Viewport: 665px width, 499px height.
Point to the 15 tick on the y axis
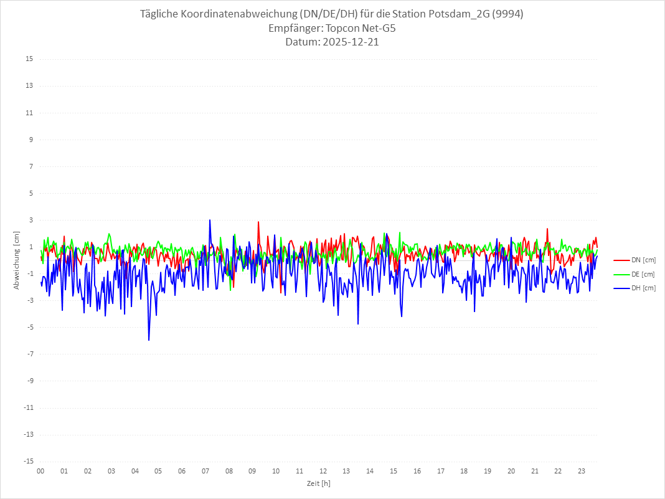[x=29, y=59]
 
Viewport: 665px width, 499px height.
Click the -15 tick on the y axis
[x=28, y=461]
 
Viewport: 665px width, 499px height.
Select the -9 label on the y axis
[x=29, y=381]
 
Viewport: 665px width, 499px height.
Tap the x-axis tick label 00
[x=40, y=471]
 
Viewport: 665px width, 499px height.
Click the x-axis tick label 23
[x=582, y=471]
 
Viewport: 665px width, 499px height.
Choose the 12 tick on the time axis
[x=323, y=471]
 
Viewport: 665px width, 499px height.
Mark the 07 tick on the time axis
[x=205, y=471]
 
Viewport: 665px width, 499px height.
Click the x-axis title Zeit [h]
[x=318, y=483]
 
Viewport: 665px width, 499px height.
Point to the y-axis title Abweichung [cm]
[x=17, y=260]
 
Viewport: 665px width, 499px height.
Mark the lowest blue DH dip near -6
[x=149, y=340]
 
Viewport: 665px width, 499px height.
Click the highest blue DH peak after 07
[x=210, y=220]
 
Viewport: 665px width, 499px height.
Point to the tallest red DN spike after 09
[x=258, y=222]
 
